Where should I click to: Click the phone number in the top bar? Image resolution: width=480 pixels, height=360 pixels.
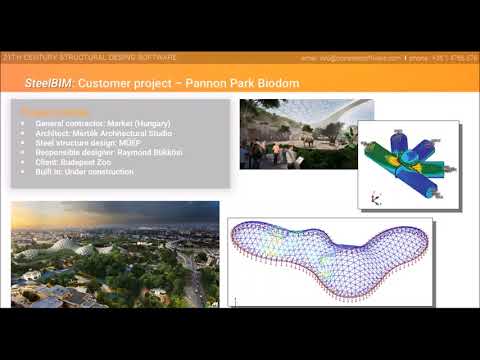(x=451, y=59)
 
